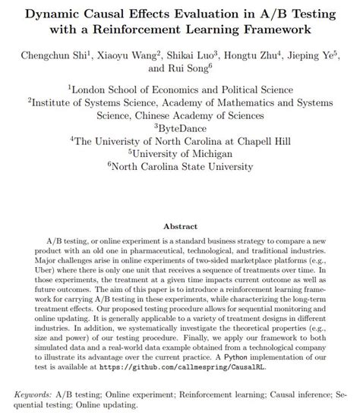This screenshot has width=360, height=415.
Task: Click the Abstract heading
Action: (x=180, y=226)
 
